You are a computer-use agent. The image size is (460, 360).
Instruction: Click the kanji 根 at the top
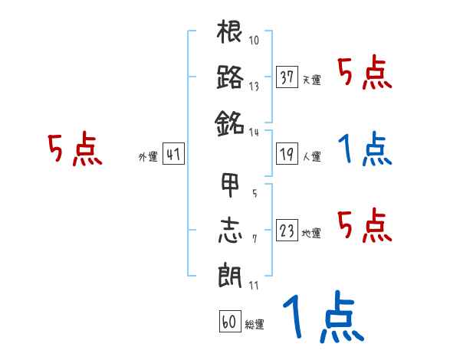(230, 34)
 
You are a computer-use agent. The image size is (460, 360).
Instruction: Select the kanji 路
(230, 77)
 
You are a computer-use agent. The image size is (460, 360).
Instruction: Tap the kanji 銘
(230, 121)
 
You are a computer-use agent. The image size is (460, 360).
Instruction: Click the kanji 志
(230, 230)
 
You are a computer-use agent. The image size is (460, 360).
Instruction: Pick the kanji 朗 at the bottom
(230, 274)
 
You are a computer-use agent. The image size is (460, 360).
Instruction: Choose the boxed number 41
(173, 154)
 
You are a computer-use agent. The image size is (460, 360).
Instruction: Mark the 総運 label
(254, 324)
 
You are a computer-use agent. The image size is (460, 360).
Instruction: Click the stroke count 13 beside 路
(254, 87)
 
